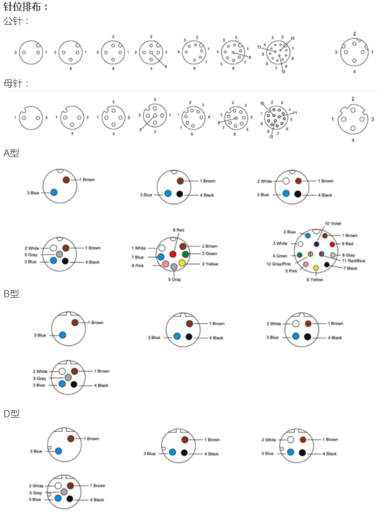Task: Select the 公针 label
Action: [x=16, y=21]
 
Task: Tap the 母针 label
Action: [x=16, y=84]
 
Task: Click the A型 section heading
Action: [x=11, y=153]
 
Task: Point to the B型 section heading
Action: [x=11, y=294]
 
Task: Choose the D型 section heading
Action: [x=11, y=414]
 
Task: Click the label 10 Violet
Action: [x=333, y=224]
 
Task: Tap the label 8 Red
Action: [x=179, y=230]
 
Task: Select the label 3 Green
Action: [x=210, y=254]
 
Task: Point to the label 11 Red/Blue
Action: [x=354, y=261]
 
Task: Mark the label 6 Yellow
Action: [x=315, y=280]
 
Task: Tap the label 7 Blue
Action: [x=138, y=257]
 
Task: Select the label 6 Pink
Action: [x=137, y=266]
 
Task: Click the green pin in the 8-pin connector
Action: [x=185, y=254]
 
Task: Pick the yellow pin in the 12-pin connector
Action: [x=316, y=268]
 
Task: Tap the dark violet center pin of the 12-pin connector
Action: [x=317, y=244]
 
